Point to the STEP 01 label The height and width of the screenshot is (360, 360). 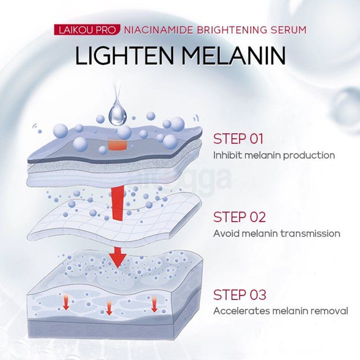coord(239,139)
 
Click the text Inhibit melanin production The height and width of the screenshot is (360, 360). coord(274,156)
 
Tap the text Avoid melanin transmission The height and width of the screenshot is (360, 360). coord(276,233)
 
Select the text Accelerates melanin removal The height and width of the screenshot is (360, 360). coord(280,311)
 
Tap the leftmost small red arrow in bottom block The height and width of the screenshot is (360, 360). coord(66,303)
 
